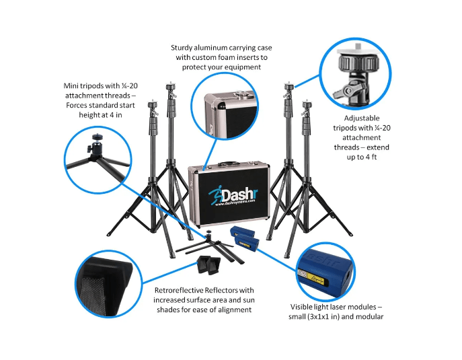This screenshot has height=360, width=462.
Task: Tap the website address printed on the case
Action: pos(227,208)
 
